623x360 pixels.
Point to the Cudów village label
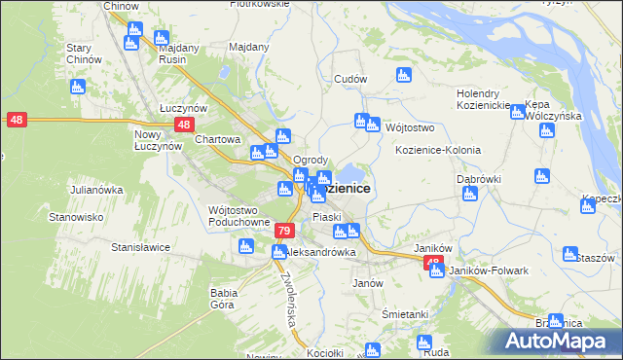tap(349, 80)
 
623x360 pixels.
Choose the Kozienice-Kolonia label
tap(437, 151)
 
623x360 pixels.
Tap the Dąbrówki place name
tap(478, 179)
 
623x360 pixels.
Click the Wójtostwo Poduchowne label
tap(238, 215)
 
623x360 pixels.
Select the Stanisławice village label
tap(141, 247)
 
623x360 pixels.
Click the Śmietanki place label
tap(405, 314)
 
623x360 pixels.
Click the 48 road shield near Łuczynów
tap(184, 125)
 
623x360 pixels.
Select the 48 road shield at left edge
tap(17, 120)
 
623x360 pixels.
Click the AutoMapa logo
tap(560, 341)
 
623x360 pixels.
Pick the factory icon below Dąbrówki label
tap(470, 194)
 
